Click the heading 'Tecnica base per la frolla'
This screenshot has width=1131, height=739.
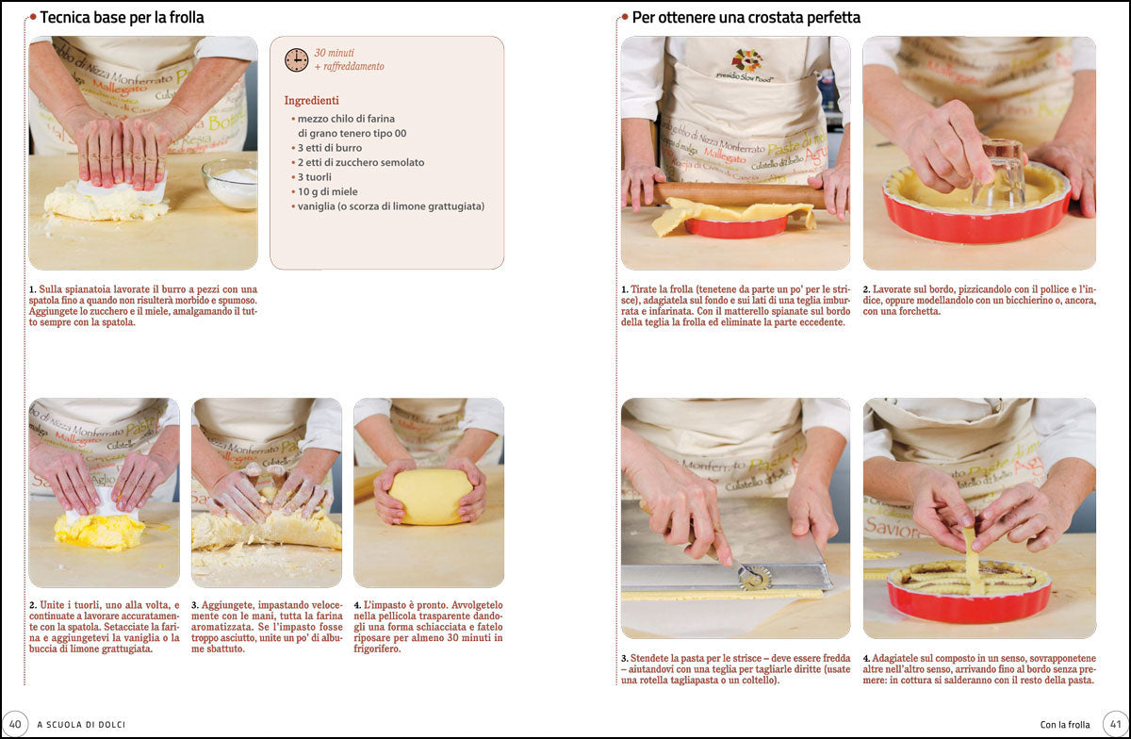tap(122, 17)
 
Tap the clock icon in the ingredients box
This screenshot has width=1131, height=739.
tap(296, 59)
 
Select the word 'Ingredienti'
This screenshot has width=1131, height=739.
tap(311, 100)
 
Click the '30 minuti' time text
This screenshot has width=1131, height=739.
tap(335, 53)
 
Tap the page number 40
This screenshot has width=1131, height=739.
tap(15, 724)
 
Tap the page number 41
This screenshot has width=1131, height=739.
tap(1114, 724)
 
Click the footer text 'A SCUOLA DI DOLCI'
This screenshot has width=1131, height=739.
tap(81, 724)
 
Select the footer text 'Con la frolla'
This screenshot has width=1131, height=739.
tap(1064, 724)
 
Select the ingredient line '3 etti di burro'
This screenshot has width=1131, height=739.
tap(329, 148)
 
